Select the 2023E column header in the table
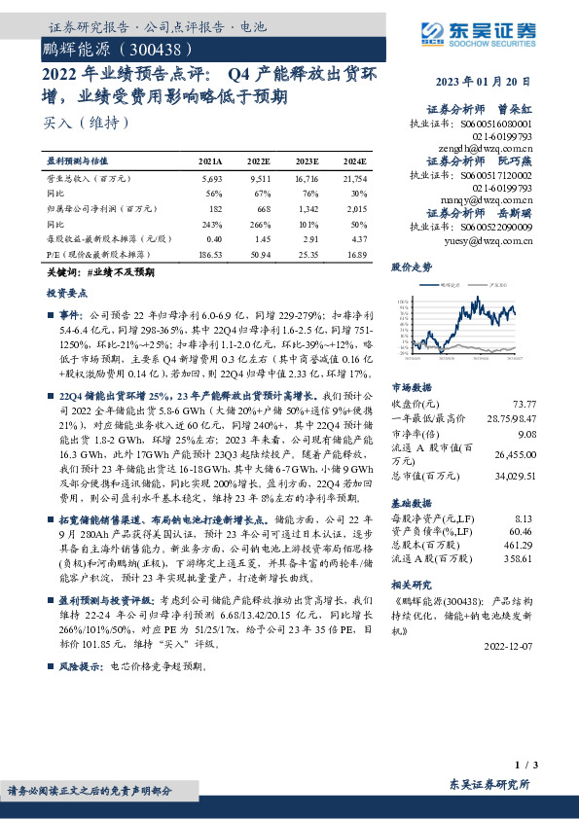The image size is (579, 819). coord(307,162)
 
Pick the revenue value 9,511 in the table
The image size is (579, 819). coord(259,180)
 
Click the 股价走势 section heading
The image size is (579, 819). coord(412,266)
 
